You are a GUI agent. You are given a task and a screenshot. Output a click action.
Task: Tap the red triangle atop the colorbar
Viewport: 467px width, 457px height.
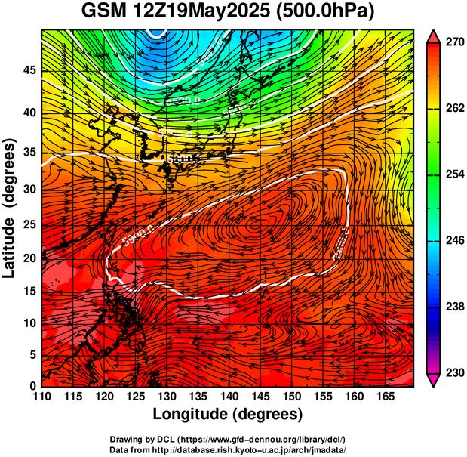[x=434, y=36]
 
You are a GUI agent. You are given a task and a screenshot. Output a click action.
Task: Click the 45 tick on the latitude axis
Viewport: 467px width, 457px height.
[x=29, y=70]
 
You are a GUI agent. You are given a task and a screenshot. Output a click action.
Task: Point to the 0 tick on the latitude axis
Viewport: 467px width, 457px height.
[x=32, y=386]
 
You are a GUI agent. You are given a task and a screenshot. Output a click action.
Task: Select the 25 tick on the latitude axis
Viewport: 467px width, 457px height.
[x=29, y=225]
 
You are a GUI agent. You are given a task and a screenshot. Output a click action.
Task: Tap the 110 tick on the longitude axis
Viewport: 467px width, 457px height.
[x=41, y=397]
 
